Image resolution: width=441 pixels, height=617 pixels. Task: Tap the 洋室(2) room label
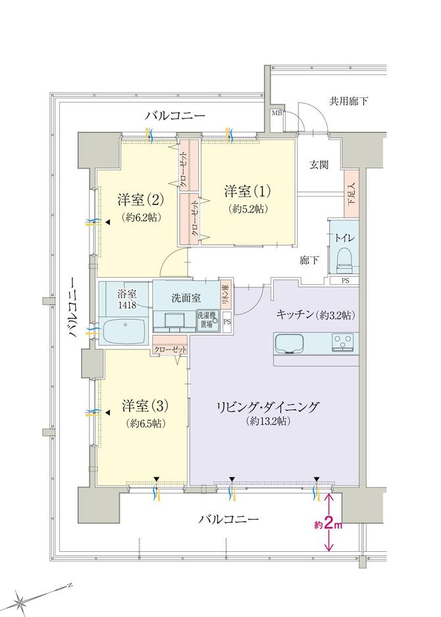(x=141, y=199)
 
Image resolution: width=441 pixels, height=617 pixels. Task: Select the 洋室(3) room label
(x=142, y=403)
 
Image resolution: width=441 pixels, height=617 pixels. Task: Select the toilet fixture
(x=343, y=259)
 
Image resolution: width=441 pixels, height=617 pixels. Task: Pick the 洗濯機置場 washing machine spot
(x=207, y=319)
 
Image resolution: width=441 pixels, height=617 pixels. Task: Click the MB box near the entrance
(x=277, y=113)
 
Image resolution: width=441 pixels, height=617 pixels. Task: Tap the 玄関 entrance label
(x=320, y=164)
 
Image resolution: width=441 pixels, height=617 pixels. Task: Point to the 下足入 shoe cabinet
(x=351, y=193)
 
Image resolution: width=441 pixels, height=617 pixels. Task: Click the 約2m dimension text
(x=327, y=526)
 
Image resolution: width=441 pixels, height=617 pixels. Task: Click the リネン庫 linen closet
(x=224, y=291)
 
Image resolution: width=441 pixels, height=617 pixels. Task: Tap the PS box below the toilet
(x=346, y=281)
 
